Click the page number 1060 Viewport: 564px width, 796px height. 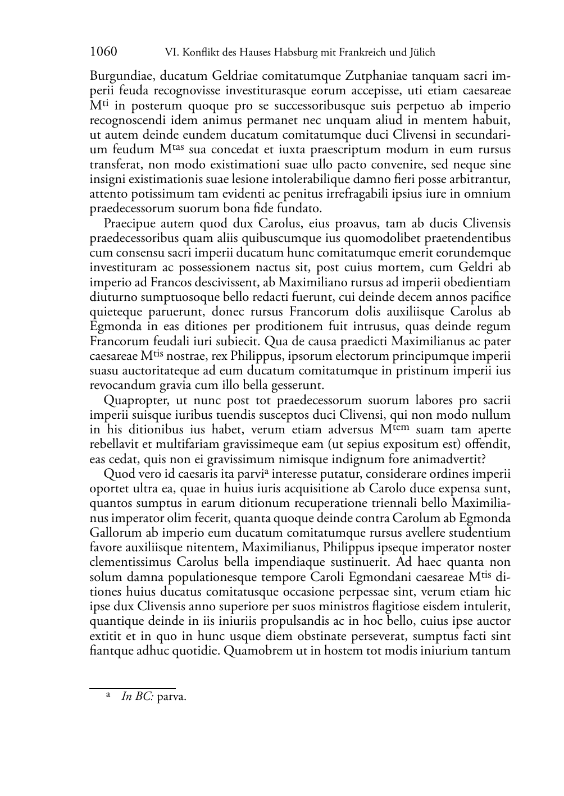pos(103,52)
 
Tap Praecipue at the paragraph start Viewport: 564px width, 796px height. pos(130,223)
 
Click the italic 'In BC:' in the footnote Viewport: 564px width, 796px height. pos(138,697)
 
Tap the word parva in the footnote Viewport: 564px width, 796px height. pos(171,697)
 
